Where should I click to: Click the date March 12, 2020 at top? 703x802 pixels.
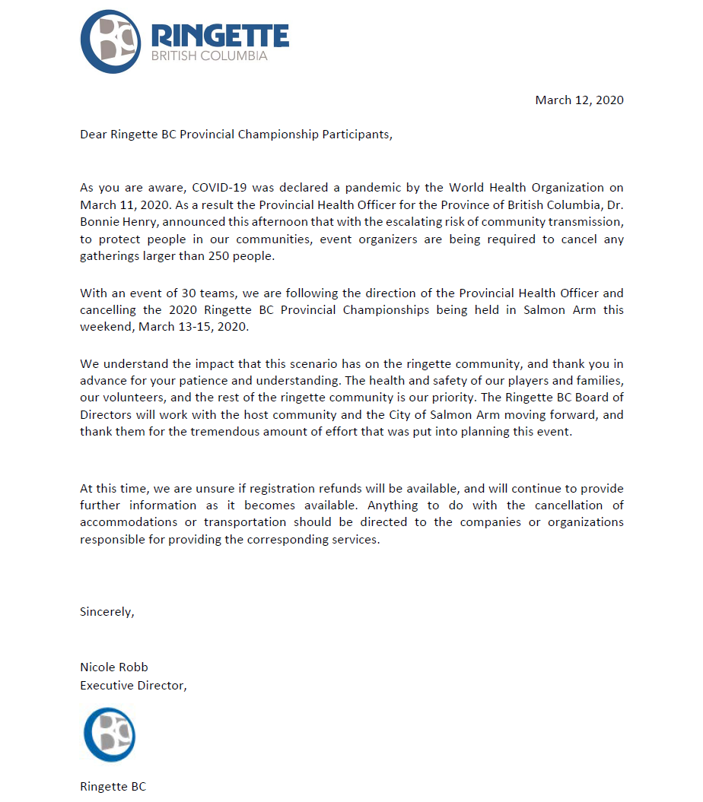pos(579,100)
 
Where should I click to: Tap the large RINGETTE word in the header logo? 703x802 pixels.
pos(220,35)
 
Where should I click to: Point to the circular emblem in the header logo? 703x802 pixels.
pos(111,42)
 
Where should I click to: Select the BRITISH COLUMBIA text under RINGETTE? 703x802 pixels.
pos(209,56)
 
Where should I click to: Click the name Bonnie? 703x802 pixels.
pos(100,221)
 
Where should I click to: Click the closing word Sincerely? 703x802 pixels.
pos(107,612)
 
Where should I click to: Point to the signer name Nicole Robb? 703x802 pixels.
pos(114,667)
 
